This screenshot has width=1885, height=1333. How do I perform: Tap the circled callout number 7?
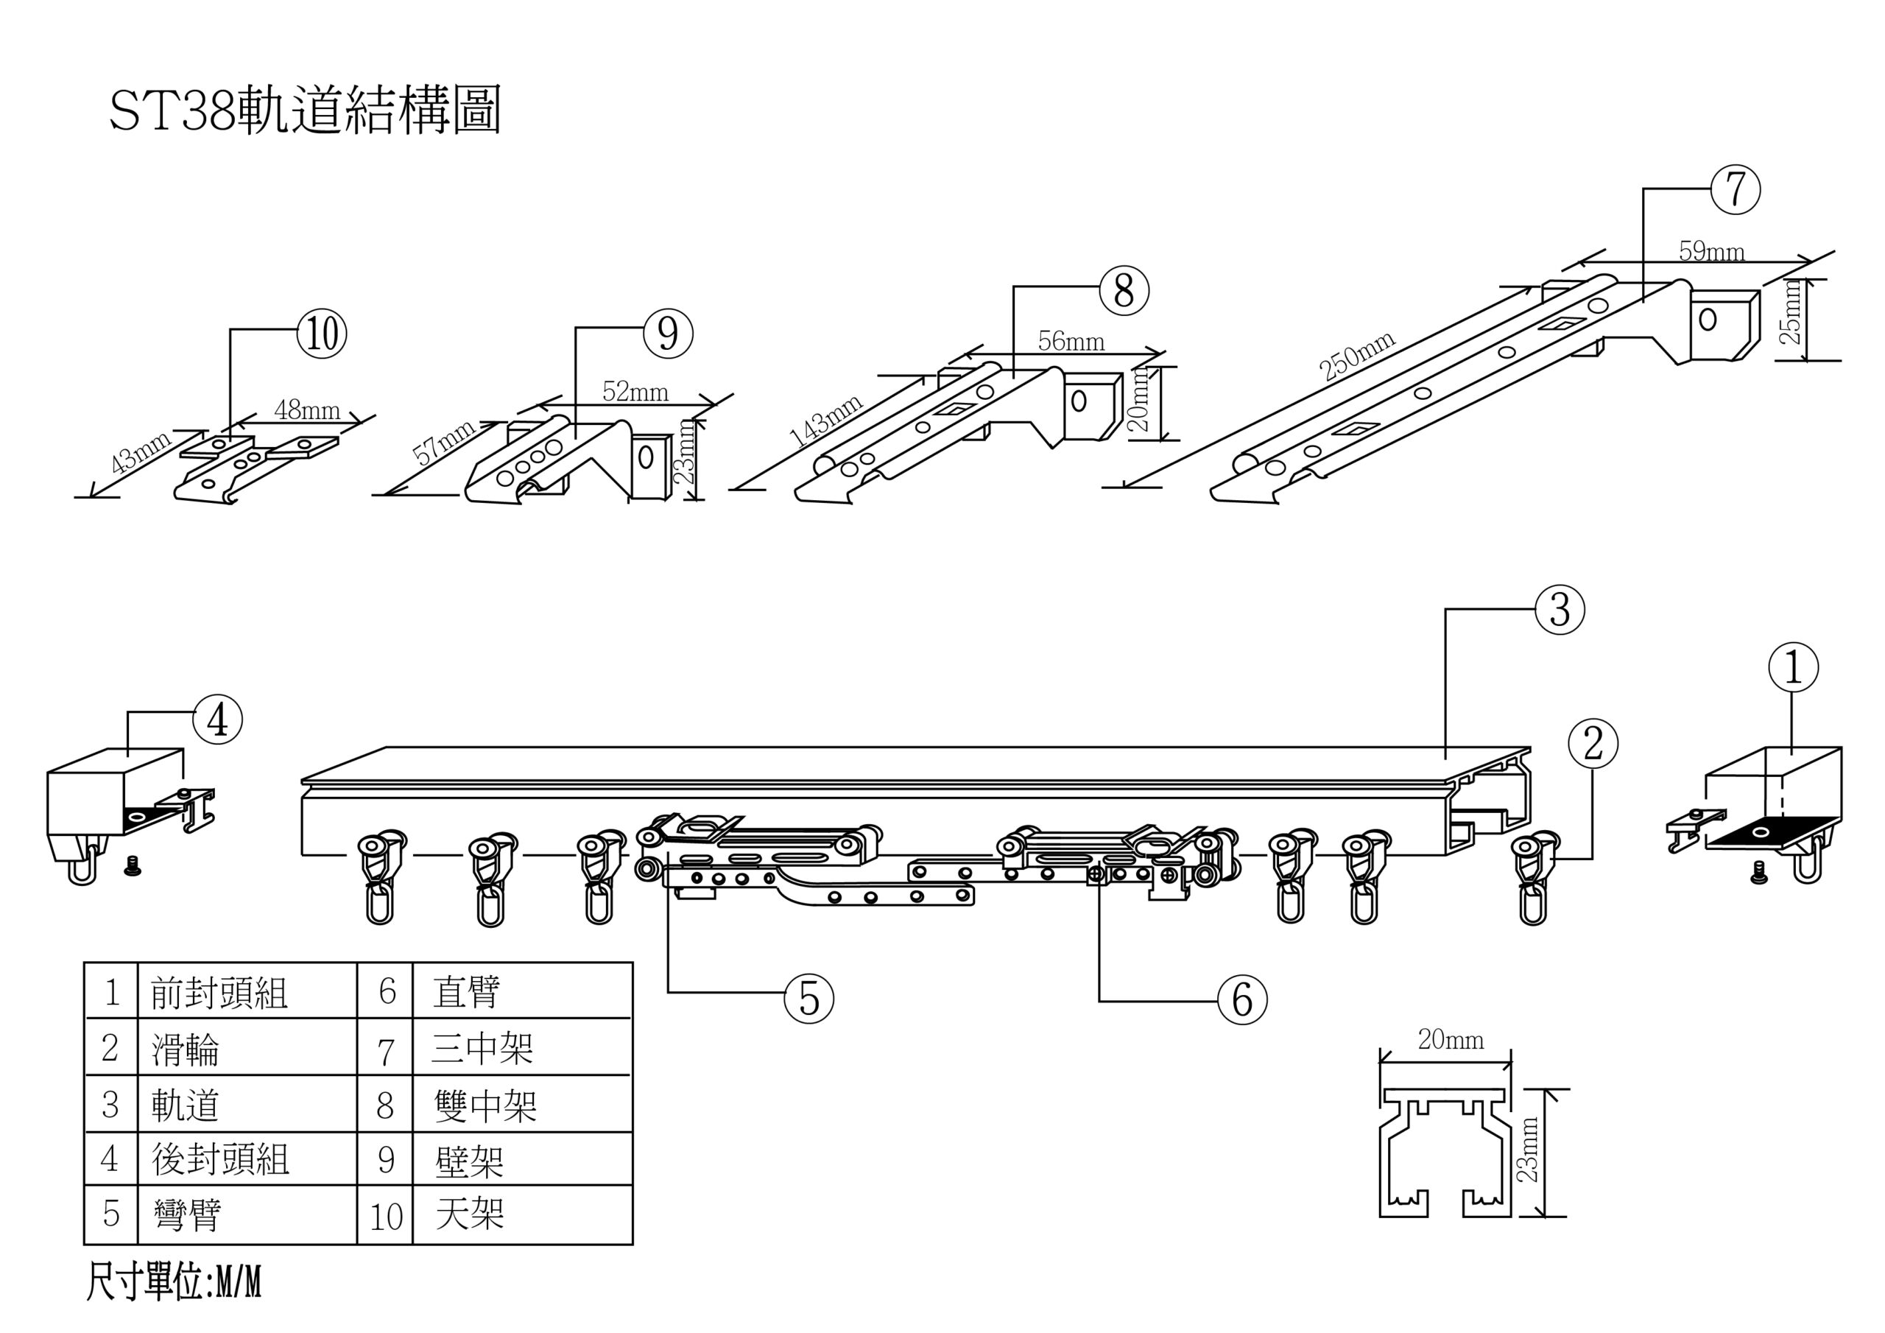[x=1736, y=189]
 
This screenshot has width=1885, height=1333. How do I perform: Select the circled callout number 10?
[x=323, y=334]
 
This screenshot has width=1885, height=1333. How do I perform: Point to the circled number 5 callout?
[x=809, y=999]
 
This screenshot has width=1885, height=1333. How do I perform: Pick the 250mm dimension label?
[x=1356, y=356]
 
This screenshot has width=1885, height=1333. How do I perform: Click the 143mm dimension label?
[x=826, y=421]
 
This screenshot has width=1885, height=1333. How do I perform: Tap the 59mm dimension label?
[x=1711, y=251]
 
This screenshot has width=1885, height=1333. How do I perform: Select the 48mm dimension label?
[x=307, y=409]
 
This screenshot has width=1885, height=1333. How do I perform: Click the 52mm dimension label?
[x=635, y=392]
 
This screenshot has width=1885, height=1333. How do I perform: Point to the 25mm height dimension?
[x=1794, y=320]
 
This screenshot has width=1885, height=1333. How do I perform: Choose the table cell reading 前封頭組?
[x=219, y=993]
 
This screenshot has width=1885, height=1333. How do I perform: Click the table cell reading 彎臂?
[x=187, y=1214]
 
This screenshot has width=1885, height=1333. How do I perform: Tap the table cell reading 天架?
[x=470, y=1214]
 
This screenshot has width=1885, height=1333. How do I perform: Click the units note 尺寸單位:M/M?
[x=173, y=1283]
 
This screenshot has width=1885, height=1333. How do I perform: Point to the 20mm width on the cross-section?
[x=1451, y=1041]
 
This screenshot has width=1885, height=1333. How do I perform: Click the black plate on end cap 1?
[x=1765, y=834]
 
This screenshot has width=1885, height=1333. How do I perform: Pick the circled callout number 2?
[x=1593, y=744]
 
